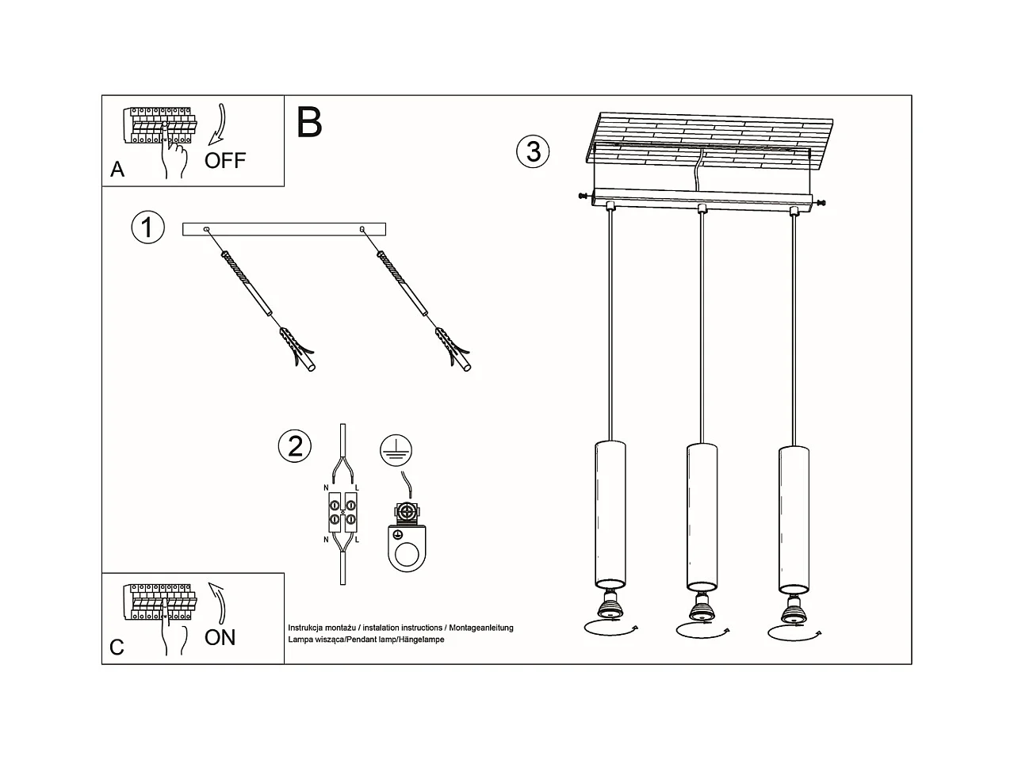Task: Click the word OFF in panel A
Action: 225,160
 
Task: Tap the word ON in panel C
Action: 220,638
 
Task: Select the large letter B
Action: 309,122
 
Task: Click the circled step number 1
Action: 147,227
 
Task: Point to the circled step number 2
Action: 295,446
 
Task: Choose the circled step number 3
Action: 533,151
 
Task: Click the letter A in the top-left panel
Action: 117,170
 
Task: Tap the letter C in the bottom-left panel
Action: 117,647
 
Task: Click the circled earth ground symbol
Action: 396,450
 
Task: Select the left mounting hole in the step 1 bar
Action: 206,229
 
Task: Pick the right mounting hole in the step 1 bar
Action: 362,229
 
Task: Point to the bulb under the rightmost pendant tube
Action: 794,609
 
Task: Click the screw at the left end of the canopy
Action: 585,197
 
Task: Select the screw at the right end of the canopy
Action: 819,202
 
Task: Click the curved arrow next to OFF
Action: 219,124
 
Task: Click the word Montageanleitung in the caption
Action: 481,628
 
